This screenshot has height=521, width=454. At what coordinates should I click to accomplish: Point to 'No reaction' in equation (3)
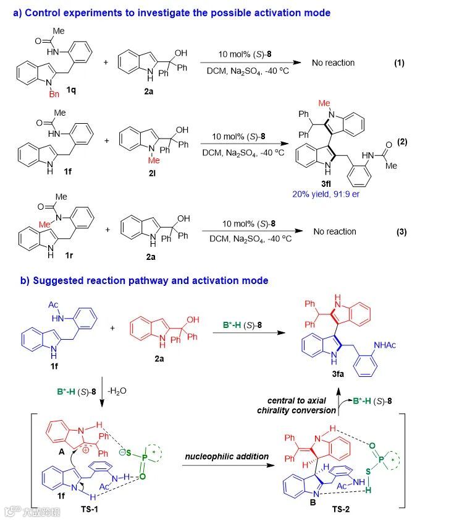pos(334,231)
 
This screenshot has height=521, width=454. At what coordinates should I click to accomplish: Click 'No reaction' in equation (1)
pos(334,63)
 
